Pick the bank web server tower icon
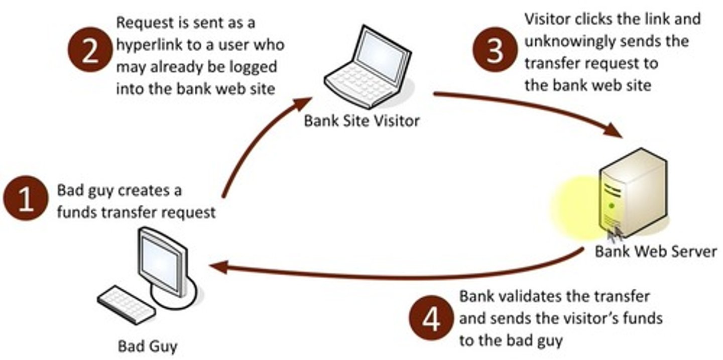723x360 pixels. point(634,193)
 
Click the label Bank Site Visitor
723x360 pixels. point(361,121)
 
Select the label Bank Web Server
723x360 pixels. point(656,251)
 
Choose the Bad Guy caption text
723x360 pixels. point(147,346)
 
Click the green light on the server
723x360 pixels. point(611,205)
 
